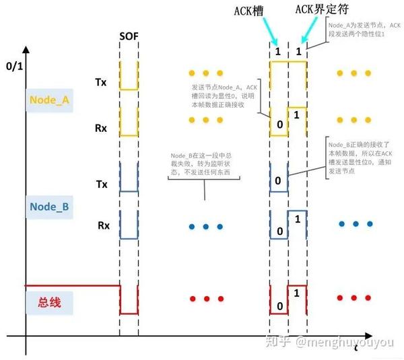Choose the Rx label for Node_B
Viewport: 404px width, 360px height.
(x=103, y=225)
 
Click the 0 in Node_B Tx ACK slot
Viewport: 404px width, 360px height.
(x=277, y=181)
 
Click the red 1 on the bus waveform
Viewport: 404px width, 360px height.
(x=297, y=293)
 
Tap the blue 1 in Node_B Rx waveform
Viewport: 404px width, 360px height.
(x=297, y=217)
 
